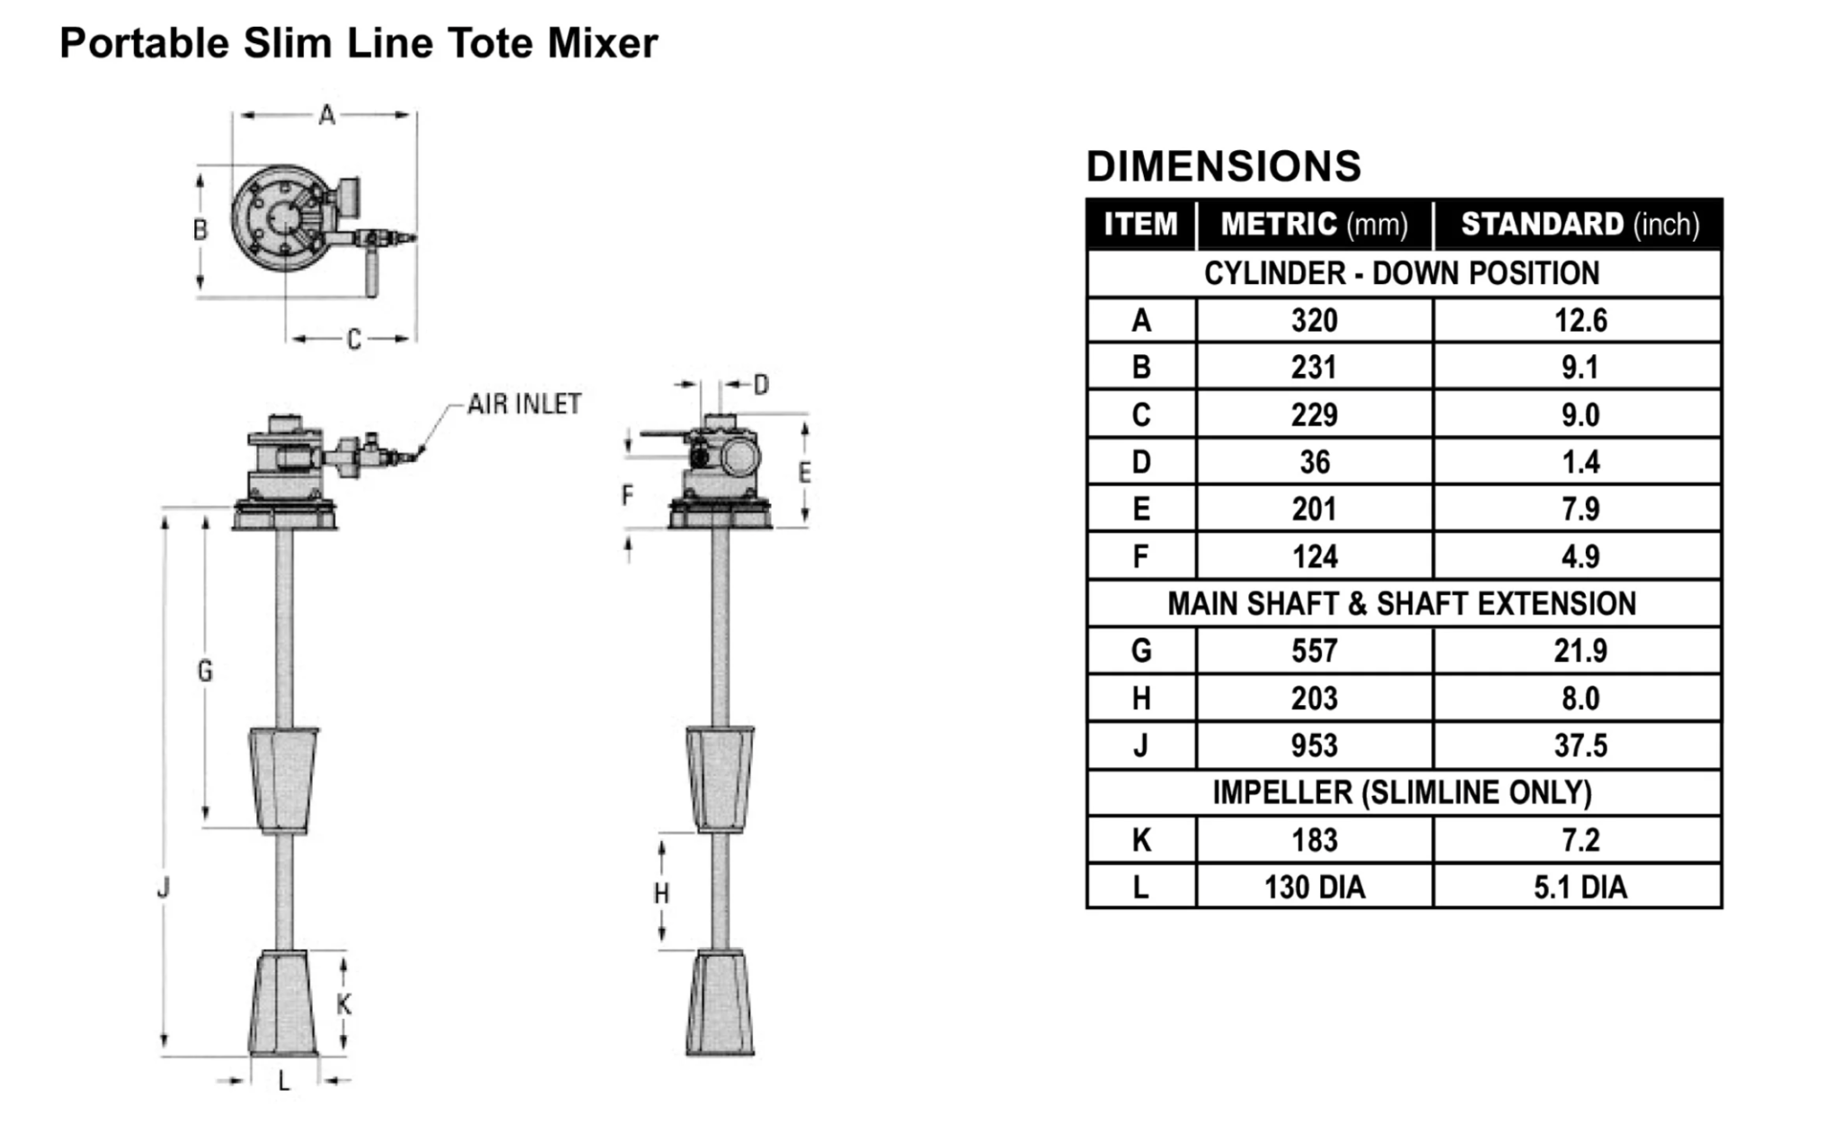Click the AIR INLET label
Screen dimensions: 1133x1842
click(x=524, y=405)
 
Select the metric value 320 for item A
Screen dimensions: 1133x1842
click(x=1314, y=320)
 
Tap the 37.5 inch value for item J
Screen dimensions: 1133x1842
click(x=1579, y=745)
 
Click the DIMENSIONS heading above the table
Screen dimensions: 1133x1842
click(x=1223, y=166)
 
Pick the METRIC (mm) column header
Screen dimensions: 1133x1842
click(x=1314, y=224)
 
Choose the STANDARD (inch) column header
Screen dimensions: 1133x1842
click(x=1579, y=224)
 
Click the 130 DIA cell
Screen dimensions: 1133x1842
click(x=1314, y=888)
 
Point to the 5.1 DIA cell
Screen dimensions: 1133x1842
click(x=1579, y=888)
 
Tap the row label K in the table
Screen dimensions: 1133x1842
click(x=1140, y=840)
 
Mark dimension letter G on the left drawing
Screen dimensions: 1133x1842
click(x=205, y=671)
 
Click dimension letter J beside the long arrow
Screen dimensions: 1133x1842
click(x=164, y=888)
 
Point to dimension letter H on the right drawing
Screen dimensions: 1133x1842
click(x=662, y=894)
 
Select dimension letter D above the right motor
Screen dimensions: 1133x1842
click(x=762, y=385)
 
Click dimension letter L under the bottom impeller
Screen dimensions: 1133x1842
click(x=284, y=1082)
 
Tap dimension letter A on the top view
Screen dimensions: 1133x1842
click(x=327, y=115)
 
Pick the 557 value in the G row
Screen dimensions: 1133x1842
click(x=1314, y=651)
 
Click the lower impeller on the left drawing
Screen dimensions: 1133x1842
click(x=283, y=1003)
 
